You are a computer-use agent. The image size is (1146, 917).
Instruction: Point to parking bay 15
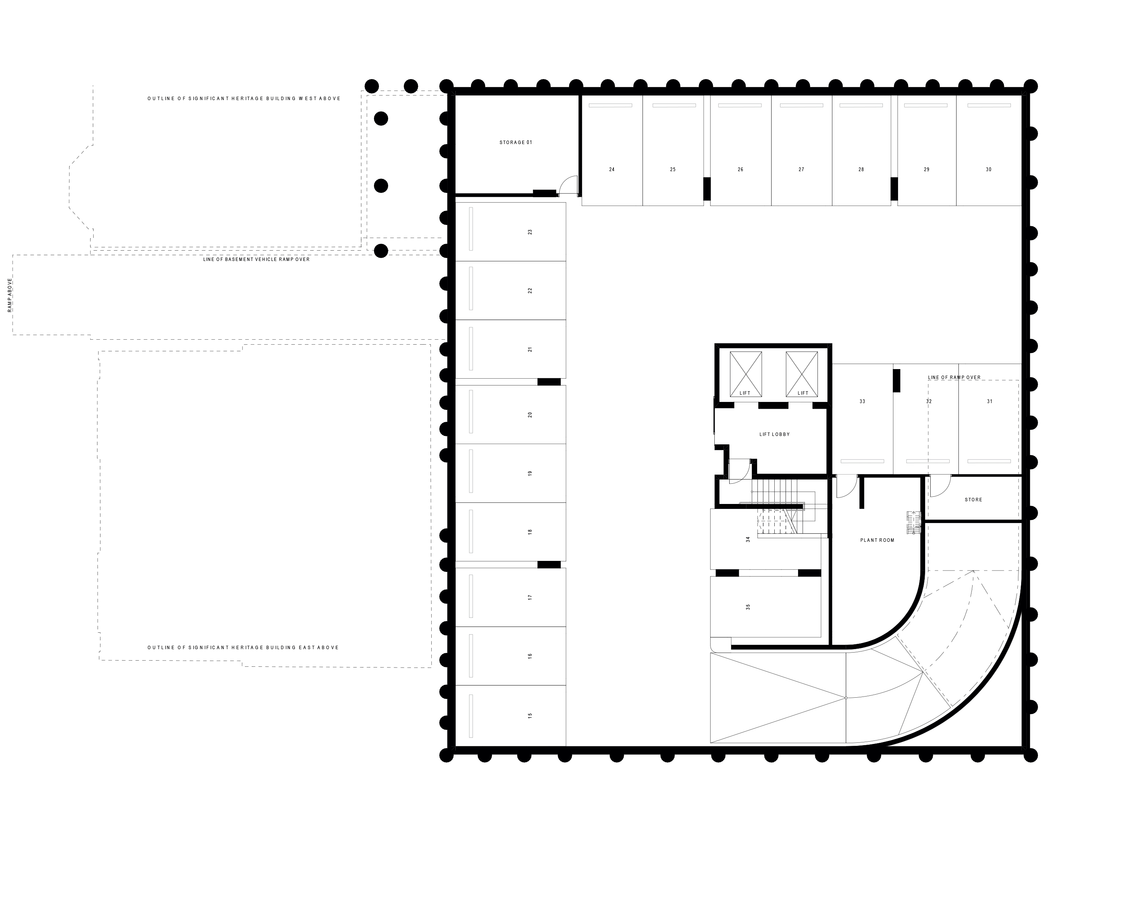[x=529, y=716]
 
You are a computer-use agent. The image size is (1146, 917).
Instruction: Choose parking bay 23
[x=529, y=232]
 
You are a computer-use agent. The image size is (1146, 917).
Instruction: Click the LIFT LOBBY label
[x=774, y=434]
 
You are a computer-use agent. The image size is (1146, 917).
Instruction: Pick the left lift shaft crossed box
[x=745, y=374]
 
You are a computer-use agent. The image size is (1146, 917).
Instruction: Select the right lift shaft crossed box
[x=801, y=374]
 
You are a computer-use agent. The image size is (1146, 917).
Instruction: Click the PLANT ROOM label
[x=877, y=540]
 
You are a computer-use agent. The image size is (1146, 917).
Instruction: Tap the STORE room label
[x=973, y=500]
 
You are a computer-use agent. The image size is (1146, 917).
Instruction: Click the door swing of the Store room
[x=940, y=485]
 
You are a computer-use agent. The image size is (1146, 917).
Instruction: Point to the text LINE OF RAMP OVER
[x=954, y=377]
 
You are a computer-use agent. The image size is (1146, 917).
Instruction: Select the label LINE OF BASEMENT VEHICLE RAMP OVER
[x=256, y=259]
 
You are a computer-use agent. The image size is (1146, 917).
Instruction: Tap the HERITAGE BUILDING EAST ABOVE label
[x=243, y=648]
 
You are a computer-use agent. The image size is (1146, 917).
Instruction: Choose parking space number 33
[x=862, y=401]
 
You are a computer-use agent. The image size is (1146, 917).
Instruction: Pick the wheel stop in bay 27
[x=801, y=105]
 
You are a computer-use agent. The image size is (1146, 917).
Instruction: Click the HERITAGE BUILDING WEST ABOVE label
[x=244, y=98]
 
